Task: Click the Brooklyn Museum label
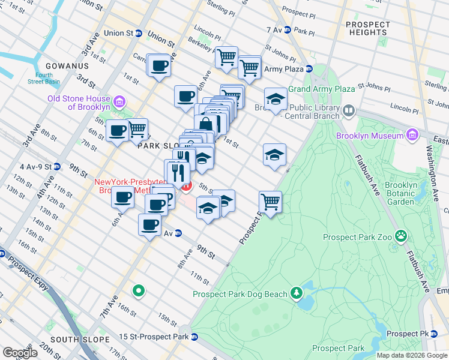click(370, 136)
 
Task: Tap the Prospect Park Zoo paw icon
click(400, 236)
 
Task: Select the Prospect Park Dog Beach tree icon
click(296, 293)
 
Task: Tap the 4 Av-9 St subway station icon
click(57, 166)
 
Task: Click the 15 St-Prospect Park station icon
click(195, 337)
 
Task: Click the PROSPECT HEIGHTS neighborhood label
click(368, 30)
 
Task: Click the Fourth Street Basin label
click(43, 79)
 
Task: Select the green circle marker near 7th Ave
click(139, 292)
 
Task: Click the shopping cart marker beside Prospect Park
click(271, 202)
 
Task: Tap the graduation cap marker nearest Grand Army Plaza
click(276, 99)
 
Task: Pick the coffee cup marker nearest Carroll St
click(159, 65)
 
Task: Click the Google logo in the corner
click(20, 353)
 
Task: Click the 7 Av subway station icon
click(288, 29)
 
